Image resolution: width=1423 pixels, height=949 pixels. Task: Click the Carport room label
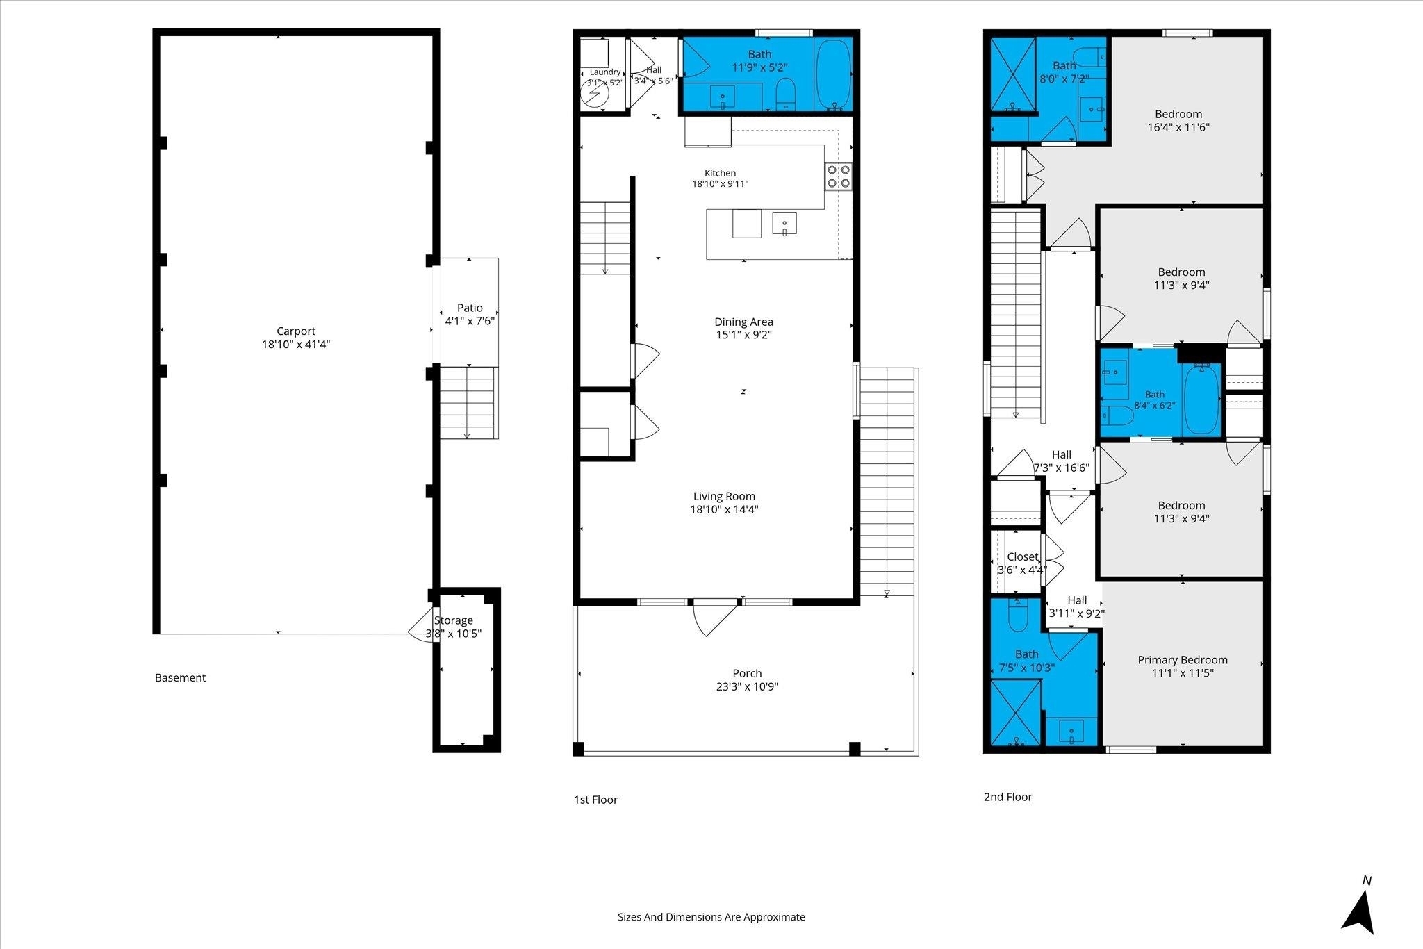(296, 331)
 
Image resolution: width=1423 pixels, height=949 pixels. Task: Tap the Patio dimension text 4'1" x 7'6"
(470, 321)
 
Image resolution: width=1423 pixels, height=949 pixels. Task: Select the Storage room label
(454, 620)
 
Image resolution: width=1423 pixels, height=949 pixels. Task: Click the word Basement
(180, 677)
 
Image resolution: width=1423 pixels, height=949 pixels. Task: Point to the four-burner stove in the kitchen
(839, 176)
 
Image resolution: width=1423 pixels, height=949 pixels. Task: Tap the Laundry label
(605, 72)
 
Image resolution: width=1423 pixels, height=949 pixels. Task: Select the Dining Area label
(743, 322)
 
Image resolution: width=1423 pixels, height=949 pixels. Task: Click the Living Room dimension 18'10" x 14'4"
(724, 509)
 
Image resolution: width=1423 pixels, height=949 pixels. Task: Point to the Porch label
(747, 673)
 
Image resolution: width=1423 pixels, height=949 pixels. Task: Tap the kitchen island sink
(784, 224)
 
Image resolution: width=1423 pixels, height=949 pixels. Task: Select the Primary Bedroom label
(1182, 660)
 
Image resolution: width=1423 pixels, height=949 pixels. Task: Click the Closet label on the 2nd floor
(1022, 557)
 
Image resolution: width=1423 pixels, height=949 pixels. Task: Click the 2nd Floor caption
(1007, 797)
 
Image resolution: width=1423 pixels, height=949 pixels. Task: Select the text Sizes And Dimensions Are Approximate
(711, 917)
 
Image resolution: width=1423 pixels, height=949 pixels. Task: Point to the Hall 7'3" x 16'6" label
(1062, 461)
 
